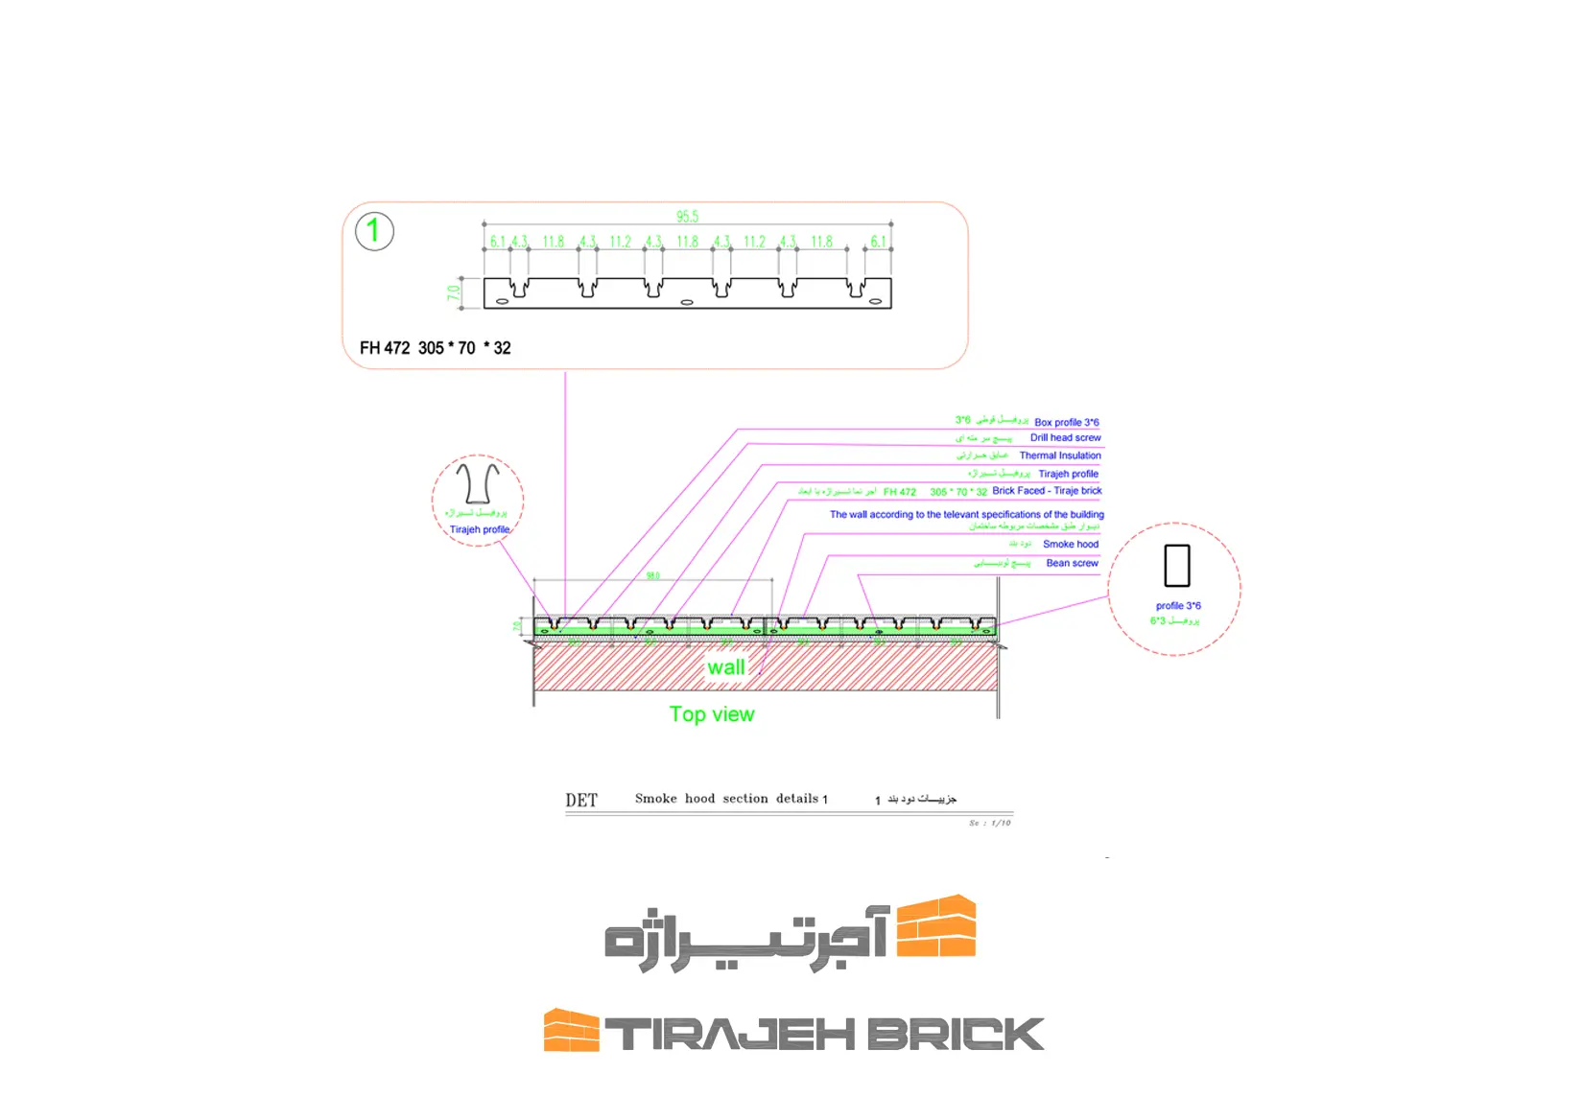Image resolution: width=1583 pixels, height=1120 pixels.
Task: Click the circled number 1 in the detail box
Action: [374, 231]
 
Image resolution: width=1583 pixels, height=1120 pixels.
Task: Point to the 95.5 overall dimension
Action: [687, 217]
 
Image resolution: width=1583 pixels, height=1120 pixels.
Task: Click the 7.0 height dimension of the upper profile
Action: [453, 292]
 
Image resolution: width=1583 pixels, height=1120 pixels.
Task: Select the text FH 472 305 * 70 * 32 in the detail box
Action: [435, 348]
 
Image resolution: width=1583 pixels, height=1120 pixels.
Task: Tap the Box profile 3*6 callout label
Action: [1066, 422]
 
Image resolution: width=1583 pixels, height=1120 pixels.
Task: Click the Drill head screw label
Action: [1065, 438]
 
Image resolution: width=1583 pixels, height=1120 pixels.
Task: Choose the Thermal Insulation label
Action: [1059, 455]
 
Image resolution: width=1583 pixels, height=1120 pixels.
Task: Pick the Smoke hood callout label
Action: [1070, 544]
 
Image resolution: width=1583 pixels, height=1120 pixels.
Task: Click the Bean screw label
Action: [1072, 563]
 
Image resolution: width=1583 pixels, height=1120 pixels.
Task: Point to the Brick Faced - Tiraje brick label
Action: [1047, 491]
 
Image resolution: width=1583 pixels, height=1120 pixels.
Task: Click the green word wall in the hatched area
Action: [725, 667]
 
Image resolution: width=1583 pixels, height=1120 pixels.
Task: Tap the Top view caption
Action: [712, 714]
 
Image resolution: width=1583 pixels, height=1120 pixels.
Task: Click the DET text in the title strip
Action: [581, 801]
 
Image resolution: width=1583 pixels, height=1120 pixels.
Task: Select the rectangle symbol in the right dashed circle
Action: [1176, 566]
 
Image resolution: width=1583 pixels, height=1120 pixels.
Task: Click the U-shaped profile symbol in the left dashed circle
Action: [477, 483]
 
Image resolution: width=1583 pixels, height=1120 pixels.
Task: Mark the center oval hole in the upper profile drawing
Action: [687, 302]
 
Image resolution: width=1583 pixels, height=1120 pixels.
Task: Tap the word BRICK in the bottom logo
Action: [955, 1035]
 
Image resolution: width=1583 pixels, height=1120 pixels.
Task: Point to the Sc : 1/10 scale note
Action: [989, 823]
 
